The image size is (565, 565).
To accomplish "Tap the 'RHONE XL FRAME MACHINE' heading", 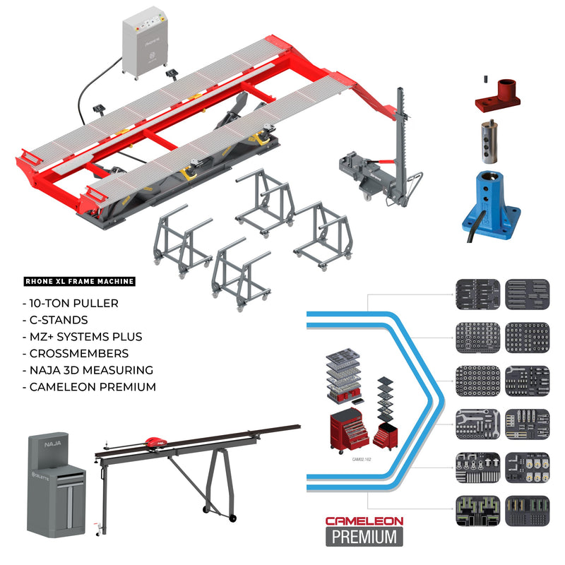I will (78, 282).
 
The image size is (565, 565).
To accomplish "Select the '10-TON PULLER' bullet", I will (73, 303).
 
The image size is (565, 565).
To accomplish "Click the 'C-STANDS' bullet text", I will (60, 320).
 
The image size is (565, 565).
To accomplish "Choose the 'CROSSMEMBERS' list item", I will (73, 353).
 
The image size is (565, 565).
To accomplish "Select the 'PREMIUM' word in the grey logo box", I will (364, 536).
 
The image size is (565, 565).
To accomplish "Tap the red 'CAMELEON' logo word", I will (364, 521).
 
